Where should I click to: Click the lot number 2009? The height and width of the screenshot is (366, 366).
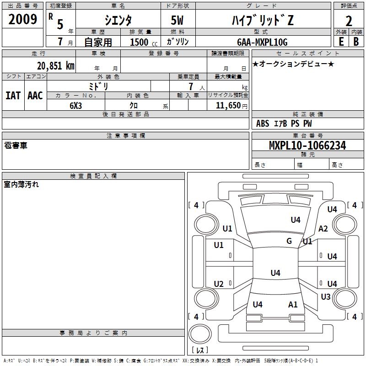(x=22, y=19)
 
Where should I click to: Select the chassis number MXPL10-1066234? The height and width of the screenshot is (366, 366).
(x=307, y=145)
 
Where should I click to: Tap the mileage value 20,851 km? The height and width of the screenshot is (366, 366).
(x=55, y=66)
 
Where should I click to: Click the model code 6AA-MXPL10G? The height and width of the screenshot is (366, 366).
(x=262, y=42)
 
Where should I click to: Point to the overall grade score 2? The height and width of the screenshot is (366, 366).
(x=349, y=21)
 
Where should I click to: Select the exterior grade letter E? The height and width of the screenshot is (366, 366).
(x=341, y=42)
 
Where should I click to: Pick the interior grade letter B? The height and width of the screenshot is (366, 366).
(x=356, y=42)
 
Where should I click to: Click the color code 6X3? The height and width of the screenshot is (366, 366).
(x=75, y=106)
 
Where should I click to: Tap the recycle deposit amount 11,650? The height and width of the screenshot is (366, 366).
(x=228, y=106)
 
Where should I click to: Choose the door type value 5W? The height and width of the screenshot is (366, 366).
(x=177, y=20)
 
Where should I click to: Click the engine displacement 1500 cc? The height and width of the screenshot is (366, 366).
(x=144, y=42)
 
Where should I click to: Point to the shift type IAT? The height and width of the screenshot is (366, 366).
(x=13, y=96)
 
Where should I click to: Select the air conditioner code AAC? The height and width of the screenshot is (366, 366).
(x=35, y=96)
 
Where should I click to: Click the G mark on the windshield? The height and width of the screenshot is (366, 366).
(x=289, y=241)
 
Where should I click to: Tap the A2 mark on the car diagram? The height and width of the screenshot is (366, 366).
(x=323, y=229)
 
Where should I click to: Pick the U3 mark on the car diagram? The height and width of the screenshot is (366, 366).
(x=326, y=297)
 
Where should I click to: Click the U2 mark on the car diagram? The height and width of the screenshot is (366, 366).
(x=219, y=284)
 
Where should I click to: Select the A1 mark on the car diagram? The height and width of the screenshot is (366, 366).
(x=293, y=305)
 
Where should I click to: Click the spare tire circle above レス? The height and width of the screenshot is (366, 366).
(x=200, y=334)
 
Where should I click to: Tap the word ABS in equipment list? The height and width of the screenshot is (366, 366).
(x=263, y=124)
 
